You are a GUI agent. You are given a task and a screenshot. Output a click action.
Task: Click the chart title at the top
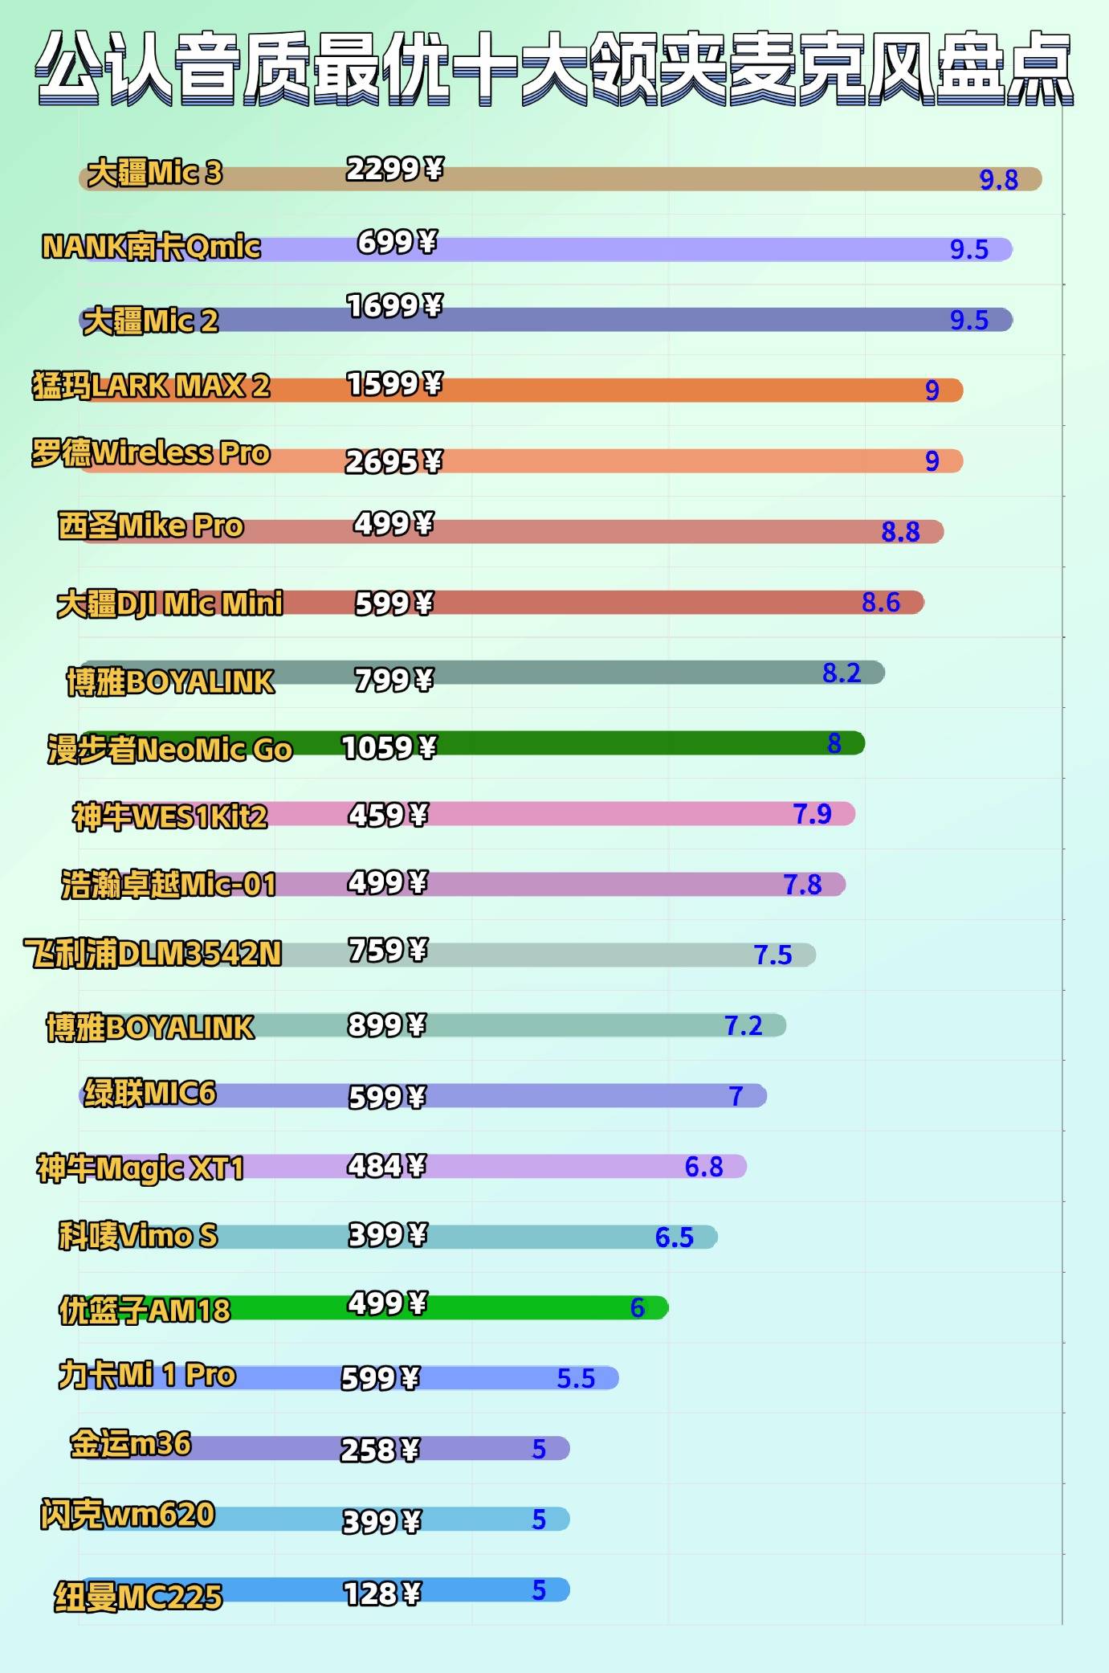click(554, 68)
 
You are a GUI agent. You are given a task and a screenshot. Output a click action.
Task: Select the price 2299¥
click(394, 170)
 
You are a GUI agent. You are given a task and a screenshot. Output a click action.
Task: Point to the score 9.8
click(998, 180)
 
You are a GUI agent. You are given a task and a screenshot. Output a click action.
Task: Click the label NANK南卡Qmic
click(151, 247)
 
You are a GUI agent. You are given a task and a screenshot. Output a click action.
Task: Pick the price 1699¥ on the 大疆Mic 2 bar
click(394, 306)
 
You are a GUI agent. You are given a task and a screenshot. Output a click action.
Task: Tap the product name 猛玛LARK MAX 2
click(151, 387)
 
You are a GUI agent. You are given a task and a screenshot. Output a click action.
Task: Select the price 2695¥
click(393, 462)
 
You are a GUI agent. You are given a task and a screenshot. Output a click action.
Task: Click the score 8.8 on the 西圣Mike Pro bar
click(900, 532)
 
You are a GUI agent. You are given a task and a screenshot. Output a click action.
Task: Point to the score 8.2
click(841, 673)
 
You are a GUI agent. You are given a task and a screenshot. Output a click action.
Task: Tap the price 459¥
click(388, 816)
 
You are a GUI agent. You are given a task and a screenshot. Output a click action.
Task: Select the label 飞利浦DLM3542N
click(153, 954)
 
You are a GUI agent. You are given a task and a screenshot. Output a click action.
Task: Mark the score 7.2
click(743, 1026)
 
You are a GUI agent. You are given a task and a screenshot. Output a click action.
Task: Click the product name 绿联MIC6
click(150, 1094)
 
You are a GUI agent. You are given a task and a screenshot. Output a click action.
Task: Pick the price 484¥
click(386, 1166)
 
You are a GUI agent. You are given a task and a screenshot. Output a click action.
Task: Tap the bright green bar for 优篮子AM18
click(522, 1308)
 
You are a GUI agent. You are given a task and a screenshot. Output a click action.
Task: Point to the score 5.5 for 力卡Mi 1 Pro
click(576, 1379)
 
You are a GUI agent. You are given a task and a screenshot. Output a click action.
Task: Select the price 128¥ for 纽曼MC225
click(381, 1594)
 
